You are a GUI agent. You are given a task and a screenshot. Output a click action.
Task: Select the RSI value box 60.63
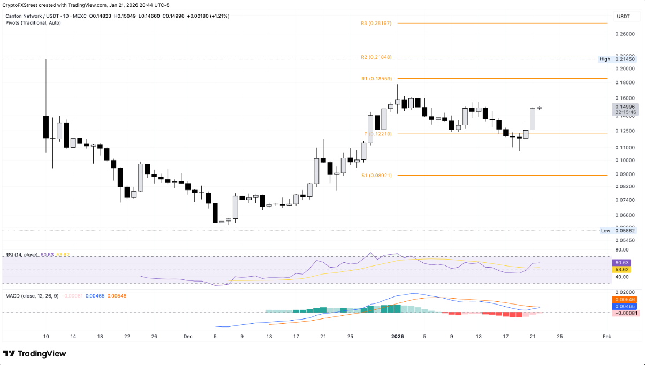(x=623, y=263)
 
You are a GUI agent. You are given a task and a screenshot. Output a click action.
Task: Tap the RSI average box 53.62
(x=623, y=270)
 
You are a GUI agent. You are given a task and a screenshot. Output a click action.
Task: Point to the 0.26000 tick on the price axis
(x=624, y=34)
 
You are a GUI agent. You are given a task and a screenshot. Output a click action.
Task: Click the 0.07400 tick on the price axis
(x=624, y=200)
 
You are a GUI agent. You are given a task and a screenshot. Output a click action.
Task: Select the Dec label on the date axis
(x=187, y=336)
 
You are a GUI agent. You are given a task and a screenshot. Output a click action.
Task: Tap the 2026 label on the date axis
(x=397, y=336)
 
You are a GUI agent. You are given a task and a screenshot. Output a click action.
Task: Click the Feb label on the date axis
(x=606, y=336)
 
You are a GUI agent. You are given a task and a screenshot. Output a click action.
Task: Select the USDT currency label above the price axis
(x=624, y=17)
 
